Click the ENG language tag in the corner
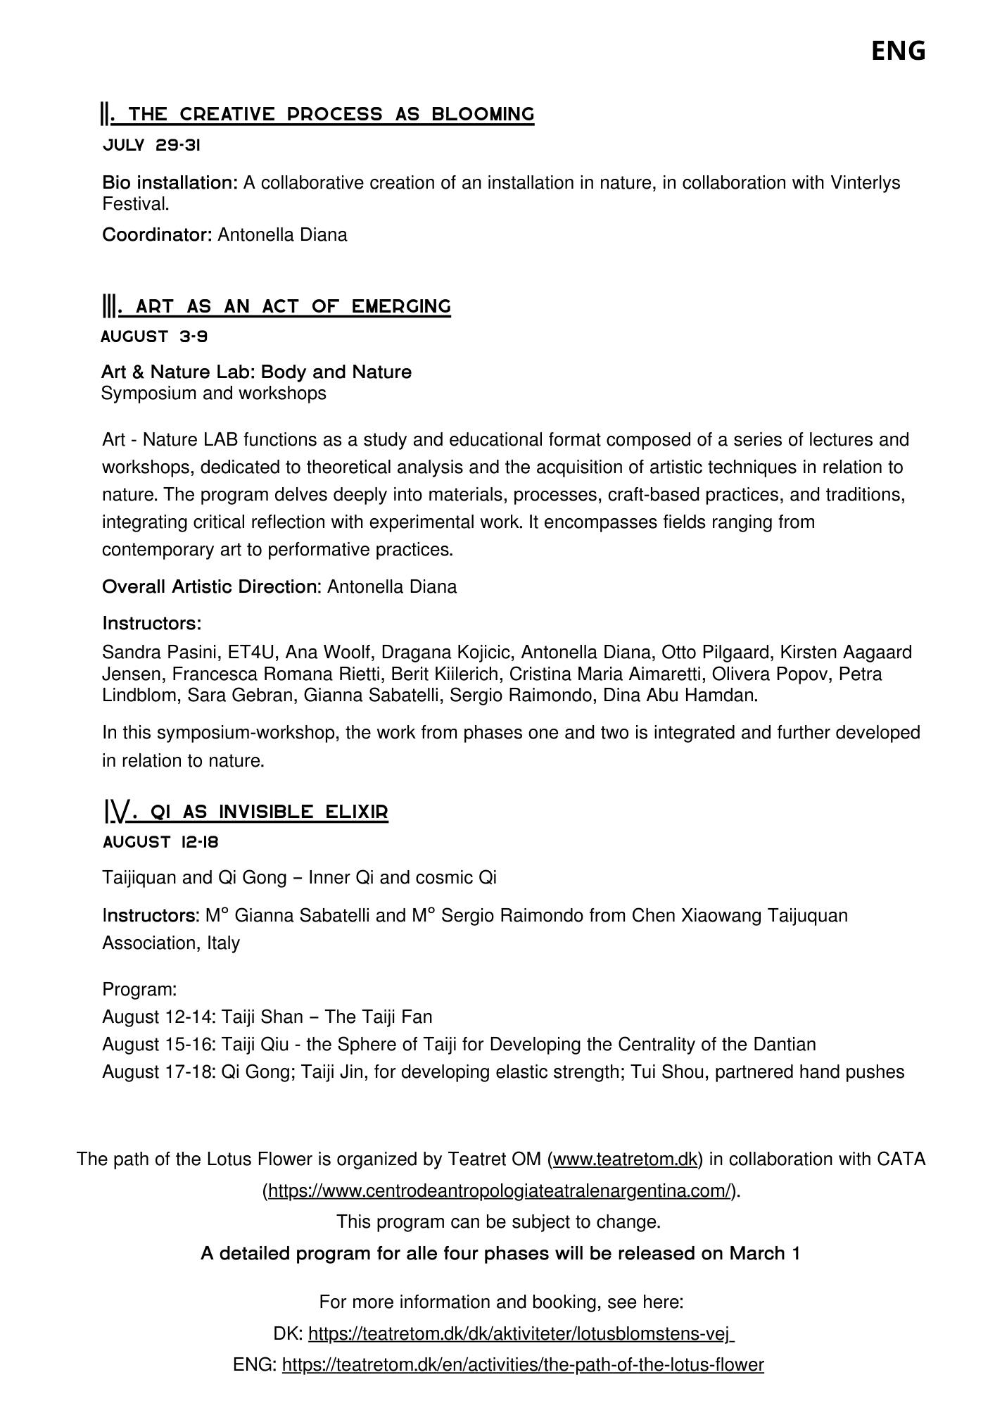898,51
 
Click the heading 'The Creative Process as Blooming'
318,114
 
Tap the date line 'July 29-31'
151,146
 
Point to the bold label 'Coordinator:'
157,235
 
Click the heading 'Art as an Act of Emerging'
277,306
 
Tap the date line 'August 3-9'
154,337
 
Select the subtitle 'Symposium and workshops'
214,393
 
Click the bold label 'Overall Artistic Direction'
212,587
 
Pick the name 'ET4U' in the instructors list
251,653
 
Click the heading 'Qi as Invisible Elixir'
246,812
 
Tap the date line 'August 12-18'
160,842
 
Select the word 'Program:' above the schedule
139,990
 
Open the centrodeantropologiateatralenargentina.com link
500,1191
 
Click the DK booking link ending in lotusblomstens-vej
520,1334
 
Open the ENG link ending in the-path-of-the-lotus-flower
523,1365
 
